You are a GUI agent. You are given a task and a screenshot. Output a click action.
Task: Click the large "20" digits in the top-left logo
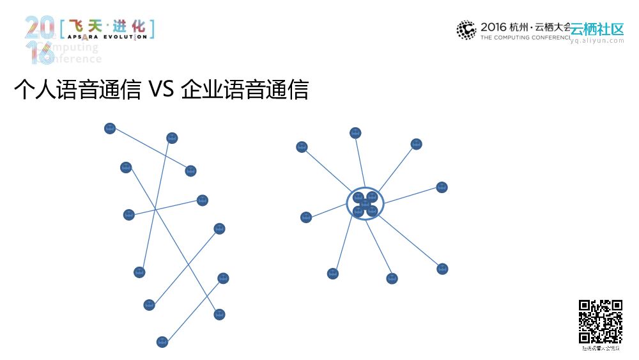pyautogui.click(x=40, y=28)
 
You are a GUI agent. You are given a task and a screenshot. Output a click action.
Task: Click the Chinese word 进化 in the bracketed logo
pyautogui.click(x=128, y=26)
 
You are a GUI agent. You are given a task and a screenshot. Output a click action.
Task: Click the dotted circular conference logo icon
pyautogui.click(x=466, y=30)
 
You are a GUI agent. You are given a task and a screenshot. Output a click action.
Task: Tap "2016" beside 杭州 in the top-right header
pyautogui.click(x=493, y=27)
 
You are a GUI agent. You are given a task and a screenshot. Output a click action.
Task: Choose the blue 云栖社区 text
pyautogui.click(x=597, y=29)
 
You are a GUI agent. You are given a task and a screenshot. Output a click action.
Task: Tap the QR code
pyautogui.click(x=601, y=322)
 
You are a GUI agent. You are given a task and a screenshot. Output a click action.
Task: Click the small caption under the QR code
pyautogui.click(x=601, y=348)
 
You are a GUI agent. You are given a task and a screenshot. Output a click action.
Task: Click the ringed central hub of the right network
pyautogui.click(x=366, y=204)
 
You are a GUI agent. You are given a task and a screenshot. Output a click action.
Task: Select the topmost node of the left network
pyautogui.click(x=110, y=129)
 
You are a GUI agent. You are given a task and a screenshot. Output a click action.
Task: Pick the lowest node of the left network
pyautogui.click(x=162, y=342)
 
